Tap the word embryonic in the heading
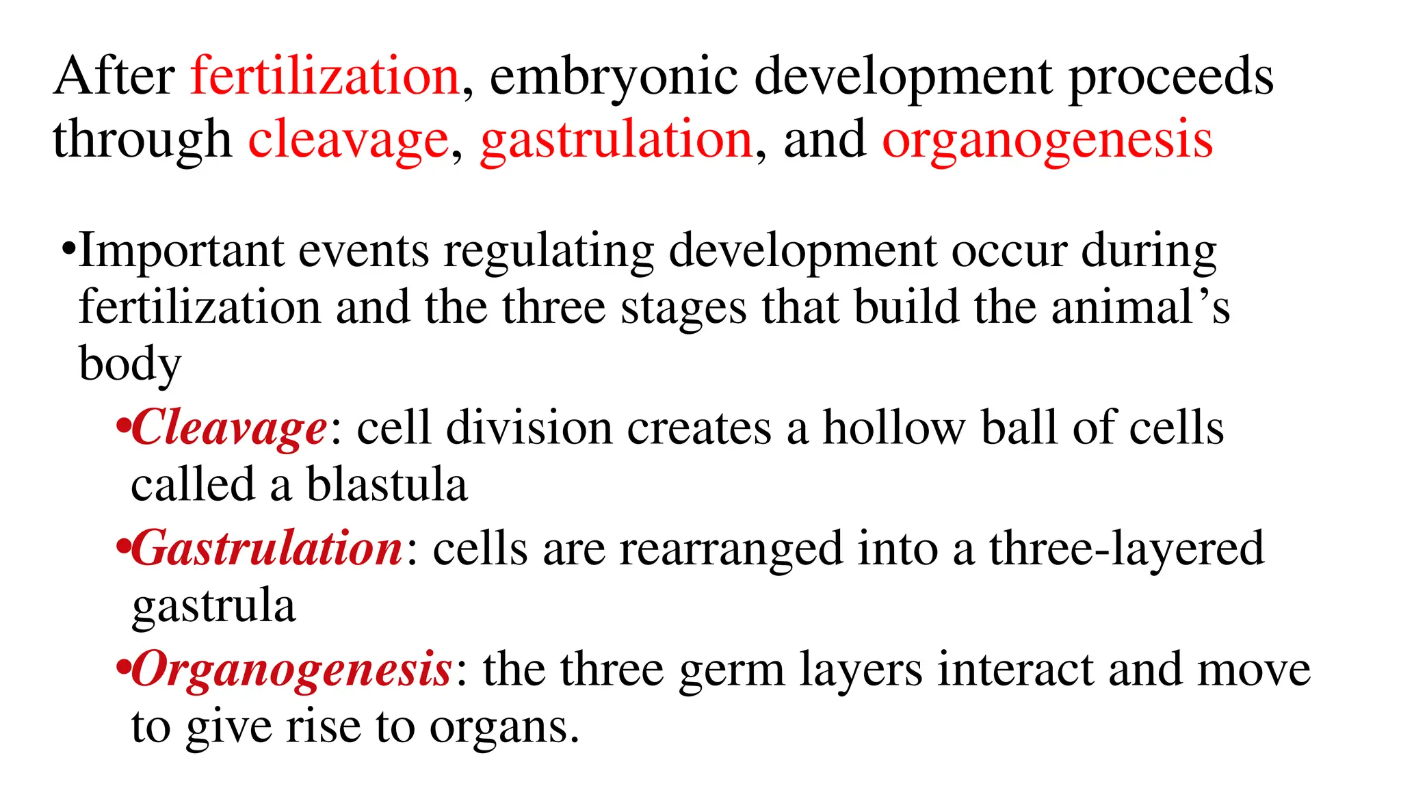[614, 77]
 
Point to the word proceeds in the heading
[1170, 77]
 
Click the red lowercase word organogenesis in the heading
[1047, 140]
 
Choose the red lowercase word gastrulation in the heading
[616, 140]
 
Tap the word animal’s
[1140, 307]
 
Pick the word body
[130, 364]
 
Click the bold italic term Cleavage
[229, 428]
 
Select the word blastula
[387, 485]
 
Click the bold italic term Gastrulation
[267, 549]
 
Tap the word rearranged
[731, 549]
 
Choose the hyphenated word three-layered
[1126, 549]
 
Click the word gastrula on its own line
[213, 607]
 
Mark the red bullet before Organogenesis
[122, 667]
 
